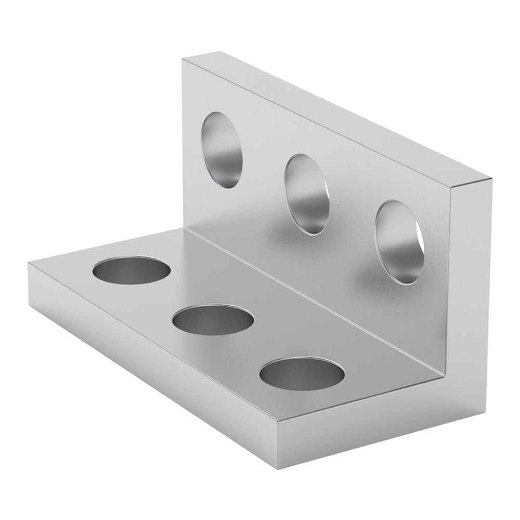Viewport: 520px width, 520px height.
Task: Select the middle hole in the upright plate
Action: [x=307, y=193]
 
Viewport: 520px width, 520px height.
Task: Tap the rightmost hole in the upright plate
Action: [x=399, y=242]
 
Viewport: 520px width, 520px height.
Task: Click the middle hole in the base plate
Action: [x=213, y=320]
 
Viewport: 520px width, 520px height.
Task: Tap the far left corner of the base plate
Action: [x=29, y=264]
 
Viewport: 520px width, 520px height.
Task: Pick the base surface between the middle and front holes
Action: [x=260, y=346]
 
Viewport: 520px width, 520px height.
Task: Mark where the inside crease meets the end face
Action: [x=445, y=372]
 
